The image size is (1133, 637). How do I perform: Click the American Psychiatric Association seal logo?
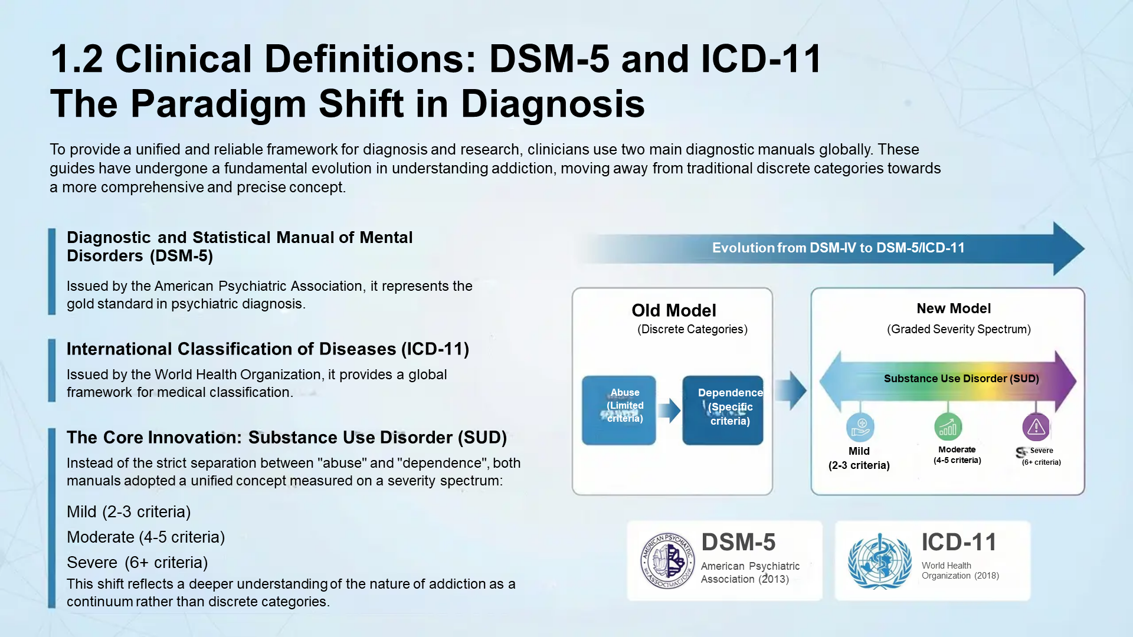coord(667,561)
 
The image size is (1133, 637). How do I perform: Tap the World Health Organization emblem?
coord(879,562)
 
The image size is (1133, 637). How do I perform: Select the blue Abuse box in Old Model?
coord(618,410)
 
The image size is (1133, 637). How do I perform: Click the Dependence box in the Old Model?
coord(723,410)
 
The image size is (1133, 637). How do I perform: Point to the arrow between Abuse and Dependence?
coord(669,411)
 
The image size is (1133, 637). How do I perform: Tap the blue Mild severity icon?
coord(860,426)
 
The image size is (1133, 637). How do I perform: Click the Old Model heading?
coord(673,310)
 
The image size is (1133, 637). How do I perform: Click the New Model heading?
coord(954,308)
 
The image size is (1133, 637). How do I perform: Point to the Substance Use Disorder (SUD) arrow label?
coord(961,379)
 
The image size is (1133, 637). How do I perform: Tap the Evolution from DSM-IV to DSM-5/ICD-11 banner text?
coord(838,248)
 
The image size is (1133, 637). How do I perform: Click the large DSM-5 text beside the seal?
coord(738,542)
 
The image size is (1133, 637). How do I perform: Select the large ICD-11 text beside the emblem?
coord(959,542)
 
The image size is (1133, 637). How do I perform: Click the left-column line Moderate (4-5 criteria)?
coord(146,537)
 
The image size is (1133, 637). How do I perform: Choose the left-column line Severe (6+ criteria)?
coord(137,563)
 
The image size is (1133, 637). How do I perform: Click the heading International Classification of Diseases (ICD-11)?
coord(267,349)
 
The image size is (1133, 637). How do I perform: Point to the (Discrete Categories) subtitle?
coord(692,329)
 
